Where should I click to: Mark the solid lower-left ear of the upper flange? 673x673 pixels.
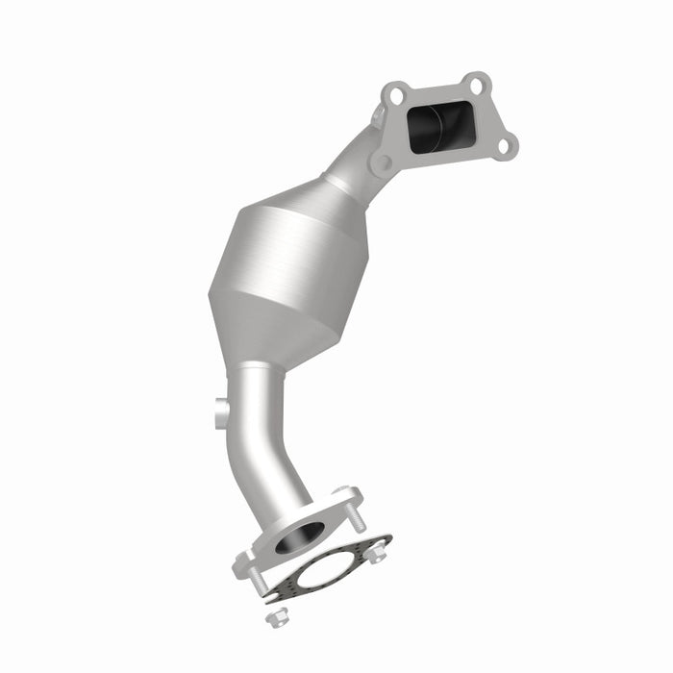point(382,162)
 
